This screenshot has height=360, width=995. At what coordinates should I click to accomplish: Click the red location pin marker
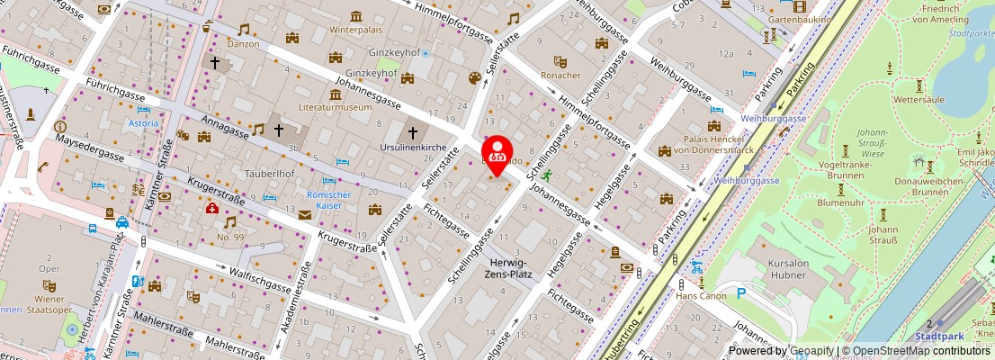click(x=497, y=152)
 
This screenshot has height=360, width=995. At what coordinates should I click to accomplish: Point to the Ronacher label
click(x=560, y=76)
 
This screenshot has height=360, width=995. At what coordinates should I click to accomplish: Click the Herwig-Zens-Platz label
click(x=506, y=267)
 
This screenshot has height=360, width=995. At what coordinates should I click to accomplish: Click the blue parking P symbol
click(x=742, y=292)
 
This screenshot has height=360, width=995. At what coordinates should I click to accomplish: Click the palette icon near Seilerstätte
click(x=474, y=79)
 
